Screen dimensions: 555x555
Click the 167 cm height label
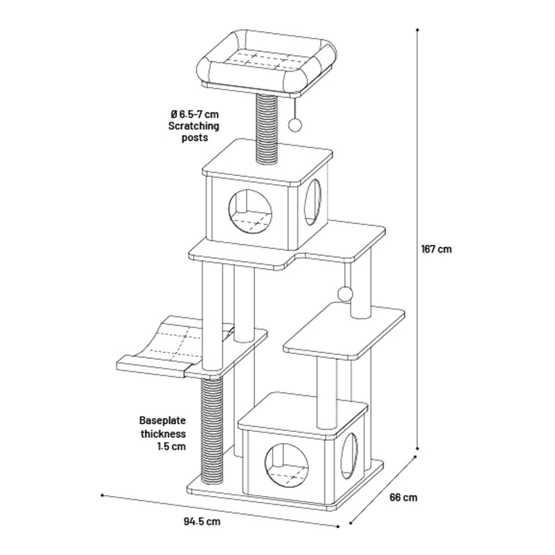[x=436, y=249]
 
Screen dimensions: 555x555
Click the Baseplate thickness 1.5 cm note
[x=163, y=434]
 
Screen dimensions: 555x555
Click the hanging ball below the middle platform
[x=345, y=293]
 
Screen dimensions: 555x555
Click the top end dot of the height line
[x=418, y=30]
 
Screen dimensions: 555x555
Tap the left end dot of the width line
[x=101, y=495]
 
